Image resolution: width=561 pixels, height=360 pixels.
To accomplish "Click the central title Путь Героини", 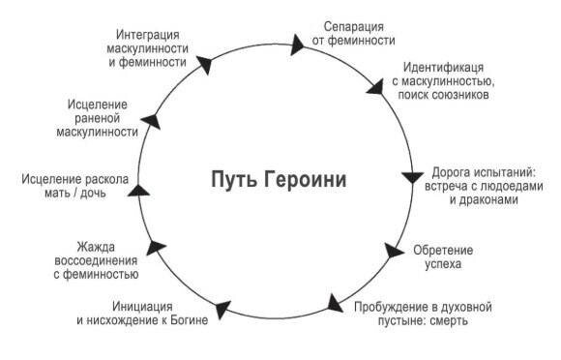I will [278, 180].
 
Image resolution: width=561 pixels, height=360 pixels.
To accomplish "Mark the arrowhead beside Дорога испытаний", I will [411, 180].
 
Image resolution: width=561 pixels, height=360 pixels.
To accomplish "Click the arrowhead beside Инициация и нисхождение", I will [223, 308].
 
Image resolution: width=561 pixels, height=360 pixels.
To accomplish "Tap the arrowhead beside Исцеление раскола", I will [137, 190].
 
